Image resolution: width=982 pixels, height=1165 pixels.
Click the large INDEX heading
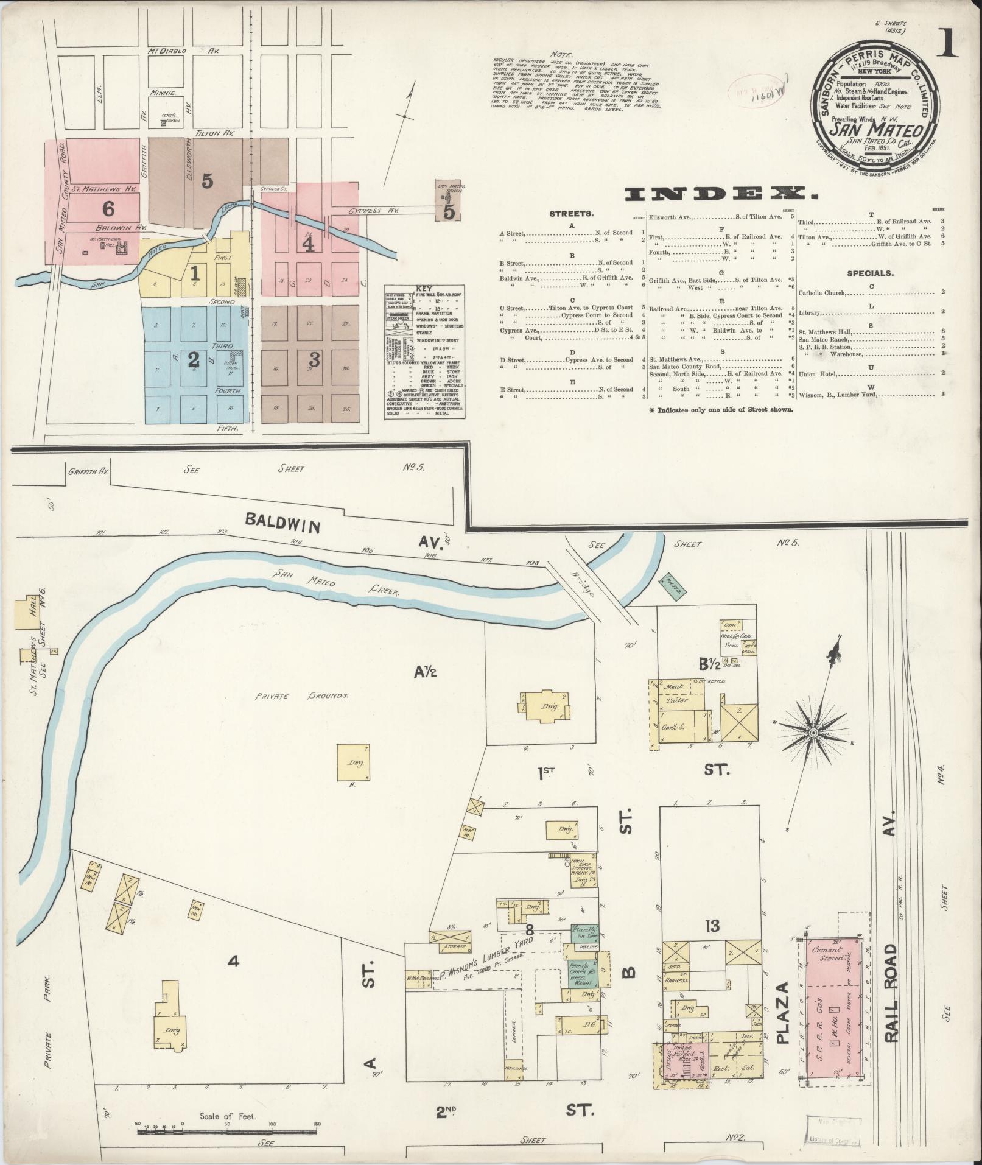[721, 194]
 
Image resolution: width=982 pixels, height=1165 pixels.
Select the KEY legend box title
[423, 288]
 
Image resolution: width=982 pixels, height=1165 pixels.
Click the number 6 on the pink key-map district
[108, 209]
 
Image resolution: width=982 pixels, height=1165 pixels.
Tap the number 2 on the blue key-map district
[194, 359]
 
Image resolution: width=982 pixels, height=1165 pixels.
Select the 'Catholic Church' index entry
[822, 293]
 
